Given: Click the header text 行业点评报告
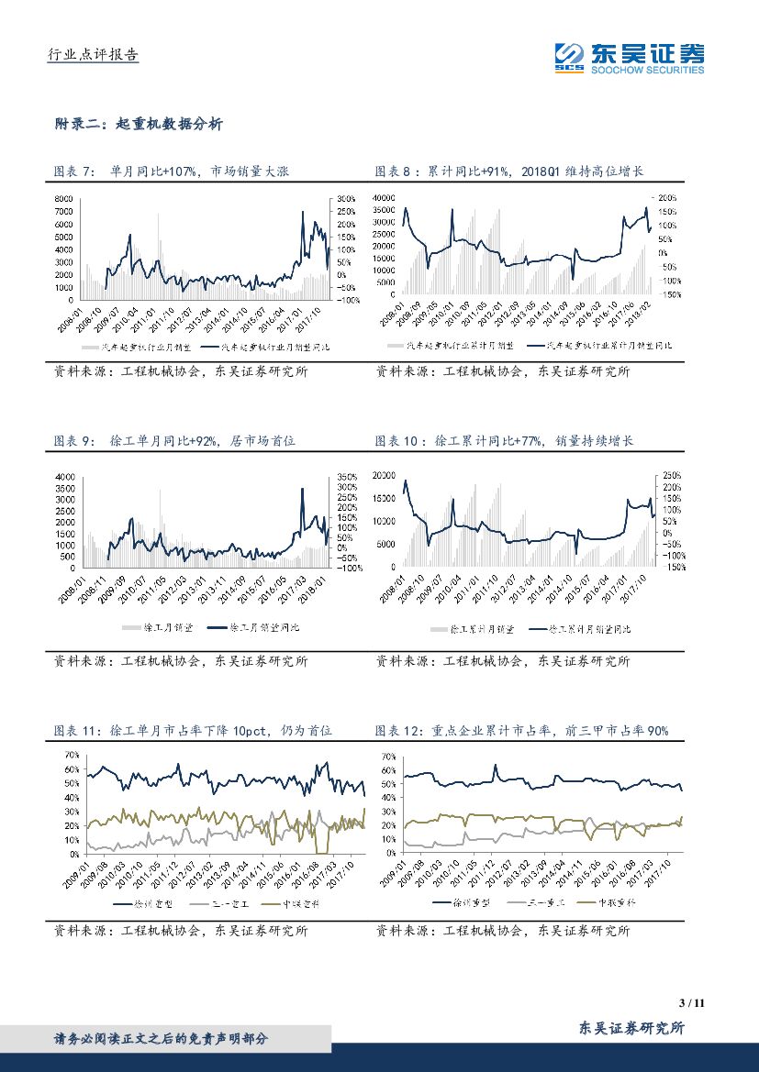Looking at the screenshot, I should click(x=93, y=55).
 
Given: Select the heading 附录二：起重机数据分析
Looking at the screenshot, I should click(x=138, y=124).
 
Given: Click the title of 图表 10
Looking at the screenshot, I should click(x=505, y=441).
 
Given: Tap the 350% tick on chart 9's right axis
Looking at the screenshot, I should click(x=346, y=478).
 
